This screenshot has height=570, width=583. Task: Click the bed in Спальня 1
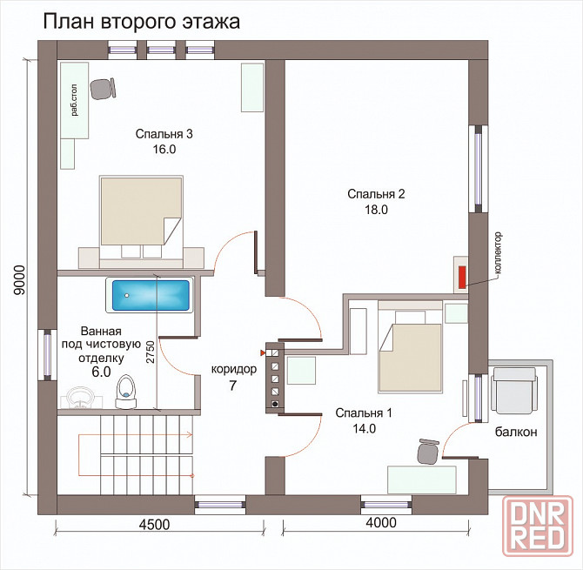[x=409, y=357]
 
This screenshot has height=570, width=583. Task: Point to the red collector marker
[x=461, y=274]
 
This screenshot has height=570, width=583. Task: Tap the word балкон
[x=517, y=432]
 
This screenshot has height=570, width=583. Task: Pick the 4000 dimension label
[x=380, y=523]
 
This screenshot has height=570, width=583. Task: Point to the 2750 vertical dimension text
[x=151, y=350]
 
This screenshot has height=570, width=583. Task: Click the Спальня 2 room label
[x=376, y=194]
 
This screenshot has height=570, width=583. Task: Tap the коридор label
[x=234, y=369]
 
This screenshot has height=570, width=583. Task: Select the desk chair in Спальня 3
[x=104, y=88]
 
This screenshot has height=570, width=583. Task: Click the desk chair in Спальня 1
[x=426, y=451]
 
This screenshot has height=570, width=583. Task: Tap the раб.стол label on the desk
[x=74, y=100]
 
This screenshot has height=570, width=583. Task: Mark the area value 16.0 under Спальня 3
[x=163, y=149]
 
